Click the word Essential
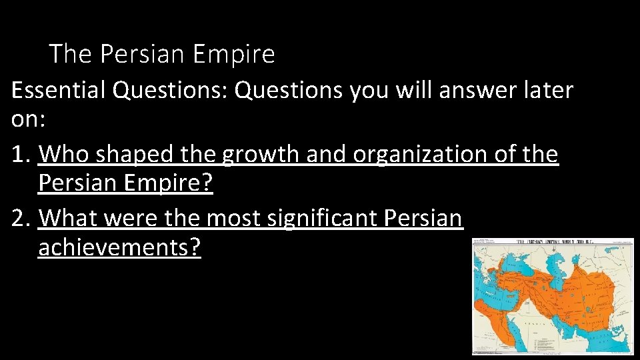pyautogui.click(x=58, y=90)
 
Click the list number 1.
pyautogui.click(x=19, y=155)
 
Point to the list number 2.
pyautogui.click(x=20, y=218)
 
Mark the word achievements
pyautogui.click(x=119, y=248)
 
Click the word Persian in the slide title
pyautogui.click(x=141, y=54)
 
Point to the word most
pyautogui.click(x=233, y=218)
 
